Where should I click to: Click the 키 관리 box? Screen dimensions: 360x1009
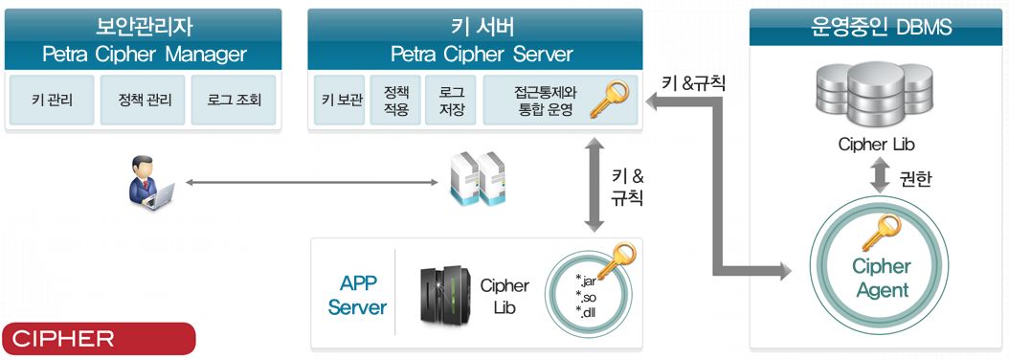point(50,101)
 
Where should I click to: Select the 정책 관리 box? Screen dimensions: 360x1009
point(143,101)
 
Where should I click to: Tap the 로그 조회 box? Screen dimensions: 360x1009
point(234,101)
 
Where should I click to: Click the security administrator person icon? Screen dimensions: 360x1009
point(150,183)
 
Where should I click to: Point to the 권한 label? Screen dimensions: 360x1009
point(919,179)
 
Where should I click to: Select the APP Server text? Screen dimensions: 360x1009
point(357,296)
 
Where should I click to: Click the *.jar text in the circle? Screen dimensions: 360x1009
point(586,281)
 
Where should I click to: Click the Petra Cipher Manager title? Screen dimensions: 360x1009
point(144,54)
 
